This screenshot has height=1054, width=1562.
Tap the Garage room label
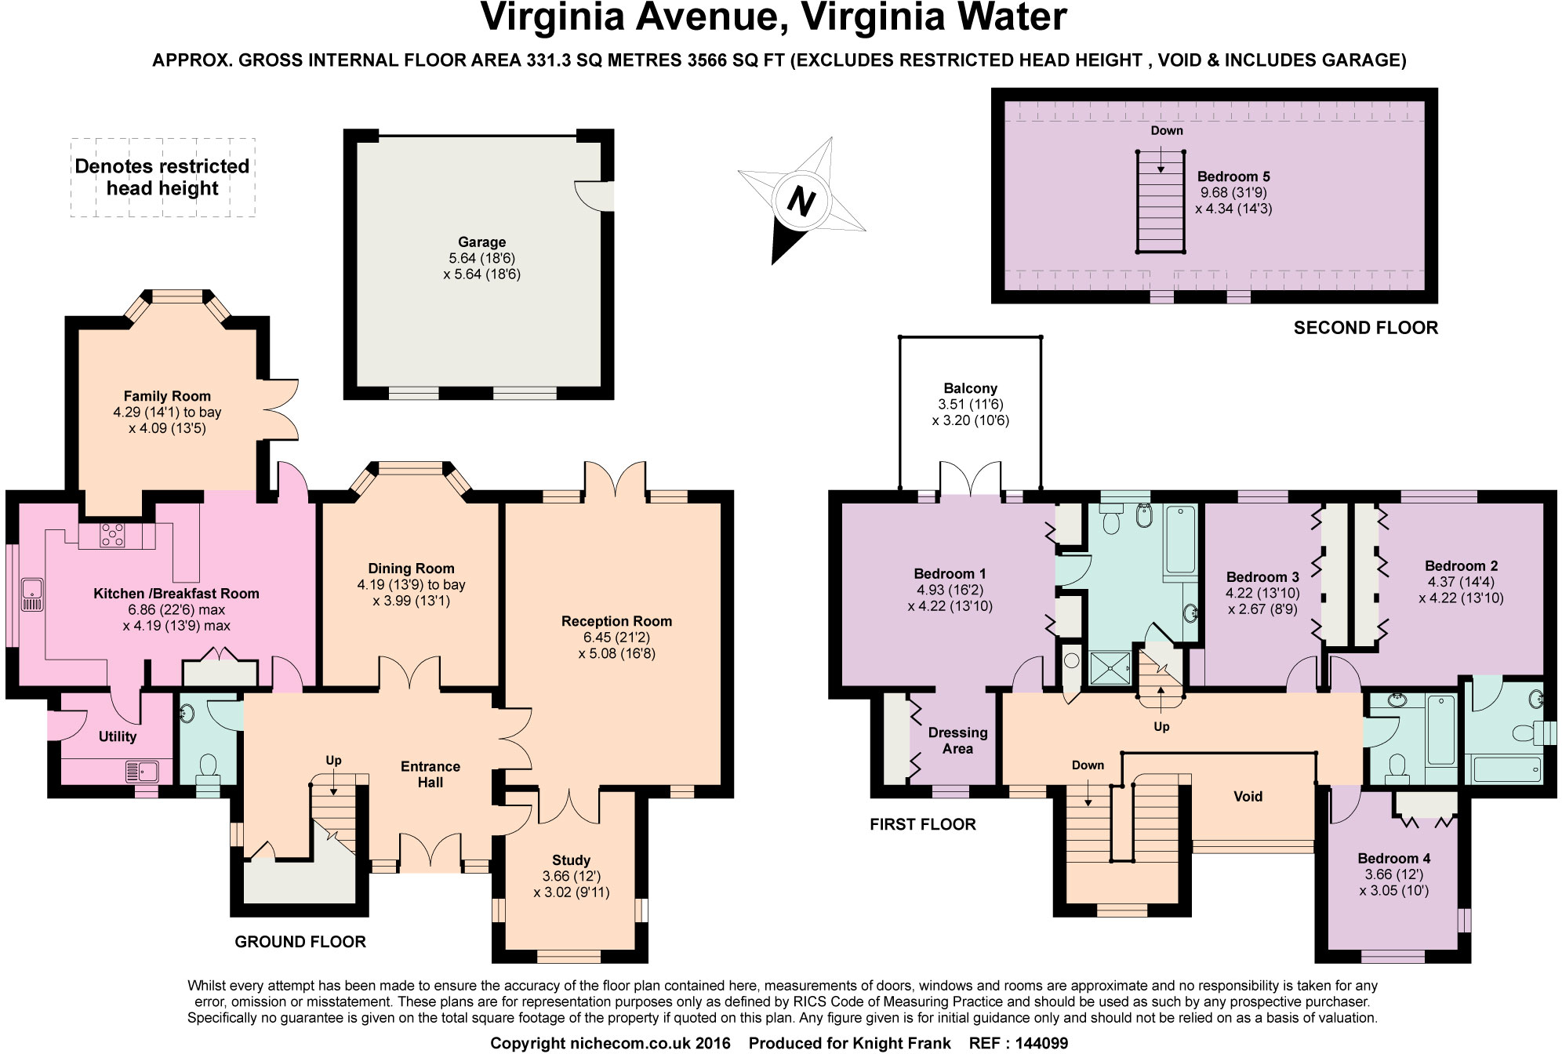pos(481,242)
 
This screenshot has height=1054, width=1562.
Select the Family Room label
pos(167,396)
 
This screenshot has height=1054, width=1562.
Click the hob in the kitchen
pos(112,536)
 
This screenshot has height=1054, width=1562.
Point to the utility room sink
pos(142,772)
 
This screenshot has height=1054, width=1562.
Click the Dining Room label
pos(411,569)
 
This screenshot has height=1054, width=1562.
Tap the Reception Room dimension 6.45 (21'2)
pos(616,638)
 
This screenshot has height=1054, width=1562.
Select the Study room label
pos(571,860)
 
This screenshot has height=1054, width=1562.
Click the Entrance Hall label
pos(430,774)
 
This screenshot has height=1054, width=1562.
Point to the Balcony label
pos(971,388)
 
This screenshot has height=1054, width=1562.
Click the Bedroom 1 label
pos(950,573)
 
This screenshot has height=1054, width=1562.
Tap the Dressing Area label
pos(957,740)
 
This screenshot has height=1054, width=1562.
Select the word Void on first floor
pos(1248,797)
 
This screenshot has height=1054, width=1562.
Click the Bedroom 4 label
pos(1394,859)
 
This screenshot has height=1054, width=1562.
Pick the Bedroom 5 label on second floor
pos(1233,176)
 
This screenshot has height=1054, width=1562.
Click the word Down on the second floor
pos(1167,131)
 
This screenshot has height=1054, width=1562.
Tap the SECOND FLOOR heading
pos(1366,328)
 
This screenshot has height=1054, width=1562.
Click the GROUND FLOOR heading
pos(300,942)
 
